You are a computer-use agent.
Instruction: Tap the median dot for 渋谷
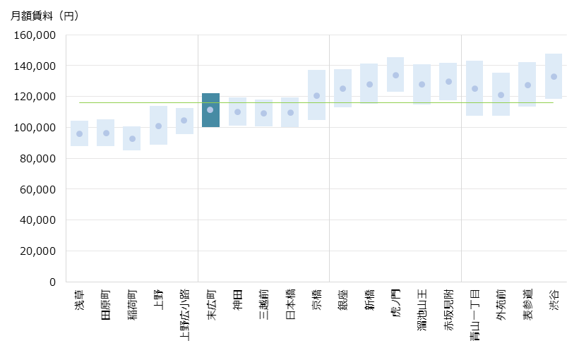[554, 77]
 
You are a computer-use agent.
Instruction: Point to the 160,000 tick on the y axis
[35, 35]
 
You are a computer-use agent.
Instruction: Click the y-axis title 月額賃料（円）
[44, 16]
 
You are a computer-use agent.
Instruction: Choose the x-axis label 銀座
[342, 299]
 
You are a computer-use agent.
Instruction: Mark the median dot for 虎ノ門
[395, 76]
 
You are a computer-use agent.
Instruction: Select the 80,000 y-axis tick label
[35, 158]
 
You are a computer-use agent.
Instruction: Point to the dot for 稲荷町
[132, 139]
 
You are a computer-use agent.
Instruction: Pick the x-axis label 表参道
[527, 304]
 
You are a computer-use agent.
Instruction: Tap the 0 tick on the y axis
[52, 282]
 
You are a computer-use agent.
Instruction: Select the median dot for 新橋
[369, 85]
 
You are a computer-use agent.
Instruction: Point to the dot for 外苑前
[501, 95]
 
